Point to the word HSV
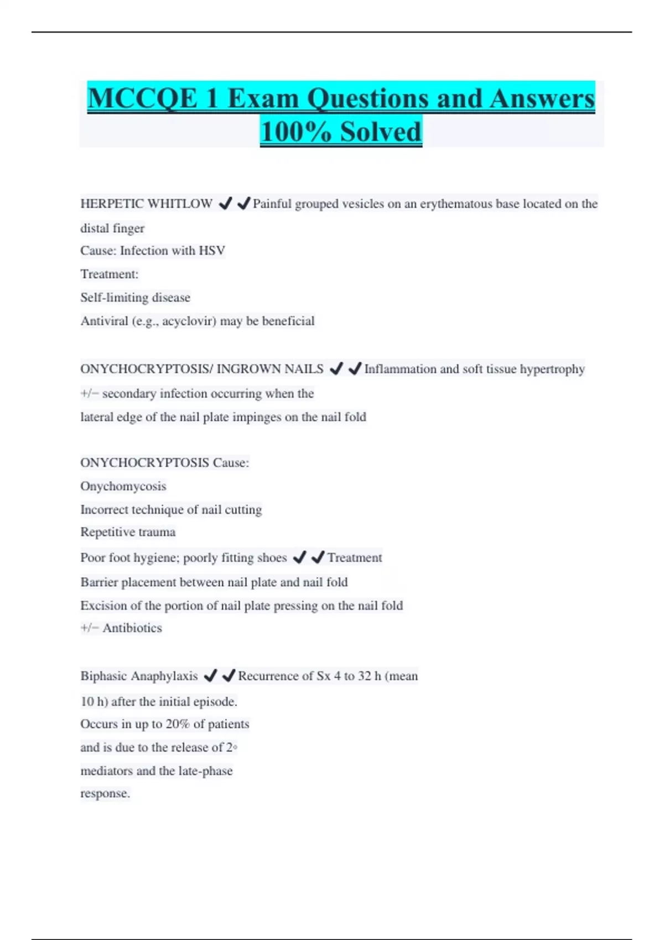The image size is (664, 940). pos(212,251)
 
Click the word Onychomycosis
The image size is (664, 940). pos(123,487)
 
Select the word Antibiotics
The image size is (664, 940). pos(132,628)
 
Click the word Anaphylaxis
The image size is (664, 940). pos(166,676)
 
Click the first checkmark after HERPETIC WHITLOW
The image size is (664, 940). pos(225,203)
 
